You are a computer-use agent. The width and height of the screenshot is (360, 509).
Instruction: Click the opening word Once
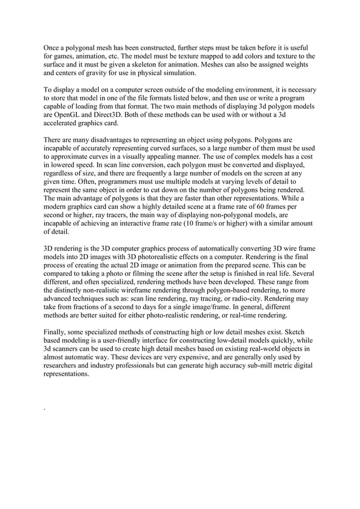[x=52, y=47]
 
